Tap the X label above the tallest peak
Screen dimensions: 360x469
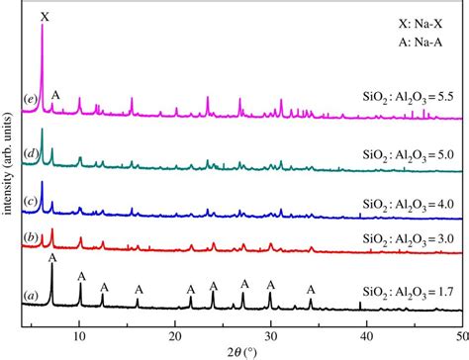point(43,16)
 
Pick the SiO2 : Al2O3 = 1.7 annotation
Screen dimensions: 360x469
point(407,292)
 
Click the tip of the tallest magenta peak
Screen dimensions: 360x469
point(42,27)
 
